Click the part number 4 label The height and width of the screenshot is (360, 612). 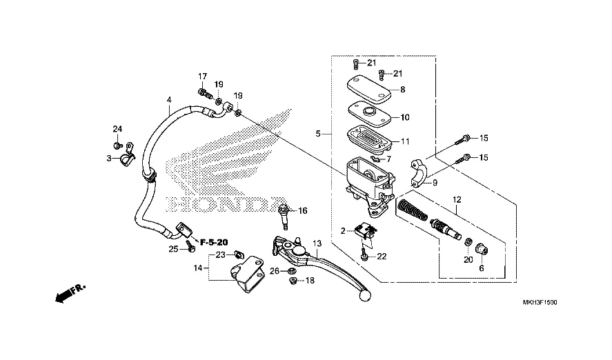tap(169, 101)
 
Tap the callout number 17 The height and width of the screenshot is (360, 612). tap(203, 76)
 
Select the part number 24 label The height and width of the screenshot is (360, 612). tap(117, 129)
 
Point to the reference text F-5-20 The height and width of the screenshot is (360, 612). tap(214, 242)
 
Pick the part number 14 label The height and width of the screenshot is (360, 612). tap(197, 267)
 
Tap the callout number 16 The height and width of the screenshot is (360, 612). tap(302, 210)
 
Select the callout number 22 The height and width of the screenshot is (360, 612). tap(382, 256)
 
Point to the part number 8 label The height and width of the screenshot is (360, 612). tap(402, 90)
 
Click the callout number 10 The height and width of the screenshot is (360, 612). tap(404, 117)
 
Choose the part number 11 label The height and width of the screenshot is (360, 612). tap(405, 141)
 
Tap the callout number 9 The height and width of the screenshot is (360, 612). tap(435, 183)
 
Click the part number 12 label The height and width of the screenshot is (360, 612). tap(456, 200)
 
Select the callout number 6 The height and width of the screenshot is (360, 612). tap(482, 268)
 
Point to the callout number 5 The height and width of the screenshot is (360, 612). tap(319, 134)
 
